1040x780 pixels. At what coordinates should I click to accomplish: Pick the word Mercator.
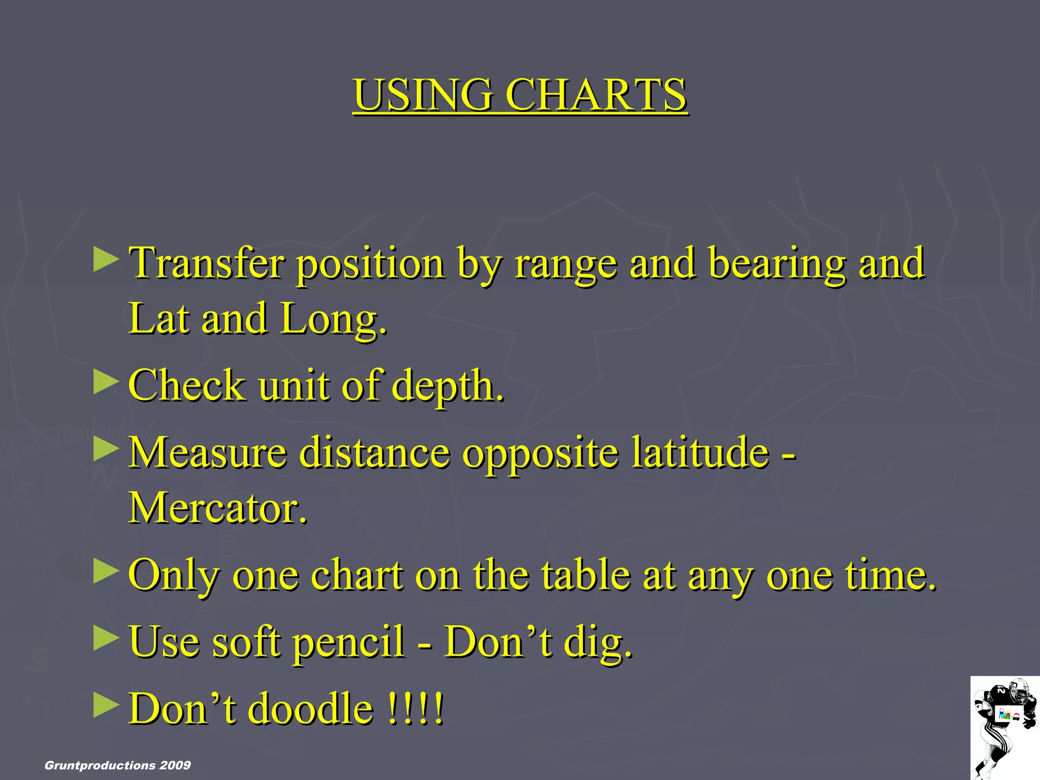(x=218, y=508)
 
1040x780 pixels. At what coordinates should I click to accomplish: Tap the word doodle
(x=310, y=708)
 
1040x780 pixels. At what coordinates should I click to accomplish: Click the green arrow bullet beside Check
(x=106, y=382)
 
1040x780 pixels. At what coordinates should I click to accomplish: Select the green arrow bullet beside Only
(x=106, y=571)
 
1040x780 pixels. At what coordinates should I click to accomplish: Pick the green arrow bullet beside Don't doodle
(x=106, y=705)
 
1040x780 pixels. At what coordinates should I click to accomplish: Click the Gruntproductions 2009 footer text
(x=118, y=765)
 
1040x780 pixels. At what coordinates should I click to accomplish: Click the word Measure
(x=207, y=452)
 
